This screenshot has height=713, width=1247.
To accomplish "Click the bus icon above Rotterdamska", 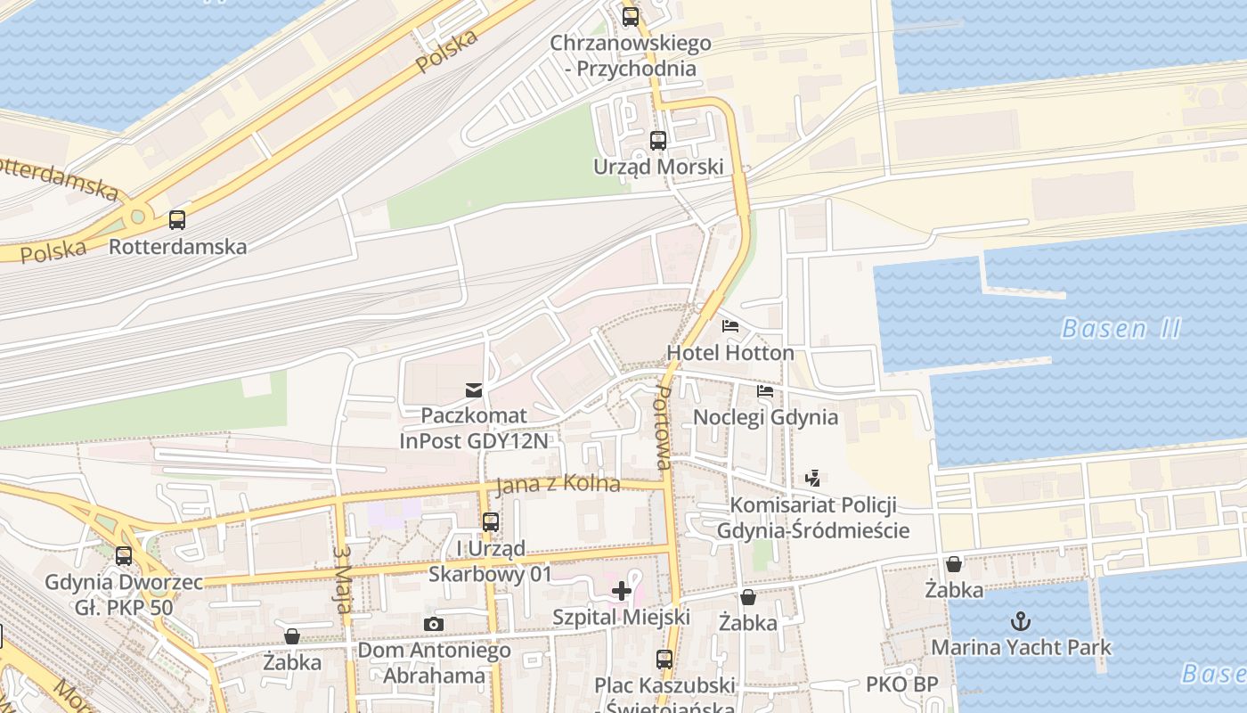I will [x=177, y=219].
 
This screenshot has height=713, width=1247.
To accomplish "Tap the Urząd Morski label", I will [x=658, y=168].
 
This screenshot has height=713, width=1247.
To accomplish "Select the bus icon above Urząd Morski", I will [x=658, y=140].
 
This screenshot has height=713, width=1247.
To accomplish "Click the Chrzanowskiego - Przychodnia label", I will [x=631, y=55].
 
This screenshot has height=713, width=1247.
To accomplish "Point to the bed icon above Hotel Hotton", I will [x=730, y=325].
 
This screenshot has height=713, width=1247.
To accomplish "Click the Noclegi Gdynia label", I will [x=765, y=417].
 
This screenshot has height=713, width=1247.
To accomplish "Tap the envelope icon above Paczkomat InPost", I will [x=474, y=389].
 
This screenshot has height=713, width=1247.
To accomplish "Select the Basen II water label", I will [x=1121, y=329].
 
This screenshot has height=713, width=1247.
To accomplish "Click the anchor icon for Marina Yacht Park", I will [x=1021, y=620].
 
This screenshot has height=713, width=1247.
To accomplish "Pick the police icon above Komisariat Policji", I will [x=812, y=479].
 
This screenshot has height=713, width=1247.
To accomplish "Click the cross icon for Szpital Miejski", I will [x=622, y=590].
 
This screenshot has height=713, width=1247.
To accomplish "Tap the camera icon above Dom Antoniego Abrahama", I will [x=434, y=624].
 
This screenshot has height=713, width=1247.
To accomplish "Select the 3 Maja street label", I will [x=341, y=579].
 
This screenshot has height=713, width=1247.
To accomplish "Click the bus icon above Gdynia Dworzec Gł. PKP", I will [x=124, y=556].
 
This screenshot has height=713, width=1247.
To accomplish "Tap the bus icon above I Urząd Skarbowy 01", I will [x=490, y=522].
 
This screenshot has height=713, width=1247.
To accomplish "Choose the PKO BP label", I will [x=901, y=685].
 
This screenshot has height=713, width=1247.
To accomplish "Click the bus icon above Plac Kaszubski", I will [x=664, y=660].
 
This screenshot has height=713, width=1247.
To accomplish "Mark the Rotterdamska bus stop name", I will [x=177, y=247].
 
